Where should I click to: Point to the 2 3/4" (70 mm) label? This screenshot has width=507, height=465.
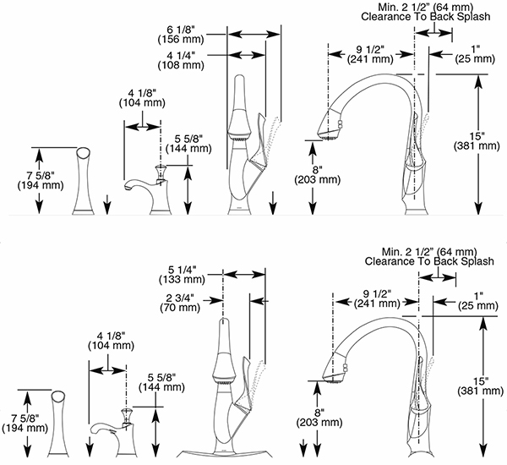click(184, 303)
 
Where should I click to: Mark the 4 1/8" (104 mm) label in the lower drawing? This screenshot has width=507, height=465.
click(108, 340)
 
